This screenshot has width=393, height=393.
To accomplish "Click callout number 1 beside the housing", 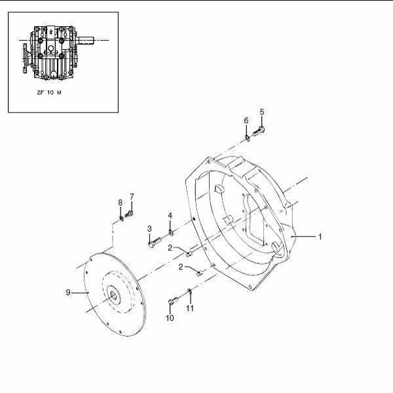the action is [x=320, y=236].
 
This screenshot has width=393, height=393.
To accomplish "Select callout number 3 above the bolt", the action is [x=149, y=229].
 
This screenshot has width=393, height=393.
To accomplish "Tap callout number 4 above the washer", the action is [x=170, y=215].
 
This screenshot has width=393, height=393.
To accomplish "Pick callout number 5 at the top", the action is [x=262, y=112].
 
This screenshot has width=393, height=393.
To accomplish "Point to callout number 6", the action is [x=246, y=121].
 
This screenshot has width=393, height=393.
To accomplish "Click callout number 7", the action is [x=132, y=196].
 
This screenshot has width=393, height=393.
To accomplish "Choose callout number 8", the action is [x=121, y=202].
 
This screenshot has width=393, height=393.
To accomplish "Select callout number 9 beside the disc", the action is [x=68, y=292].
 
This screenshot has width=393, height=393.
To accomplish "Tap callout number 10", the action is [x=170, y=318].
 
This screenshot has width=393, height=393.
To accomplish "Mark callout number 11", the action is [x=190, y=308].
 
